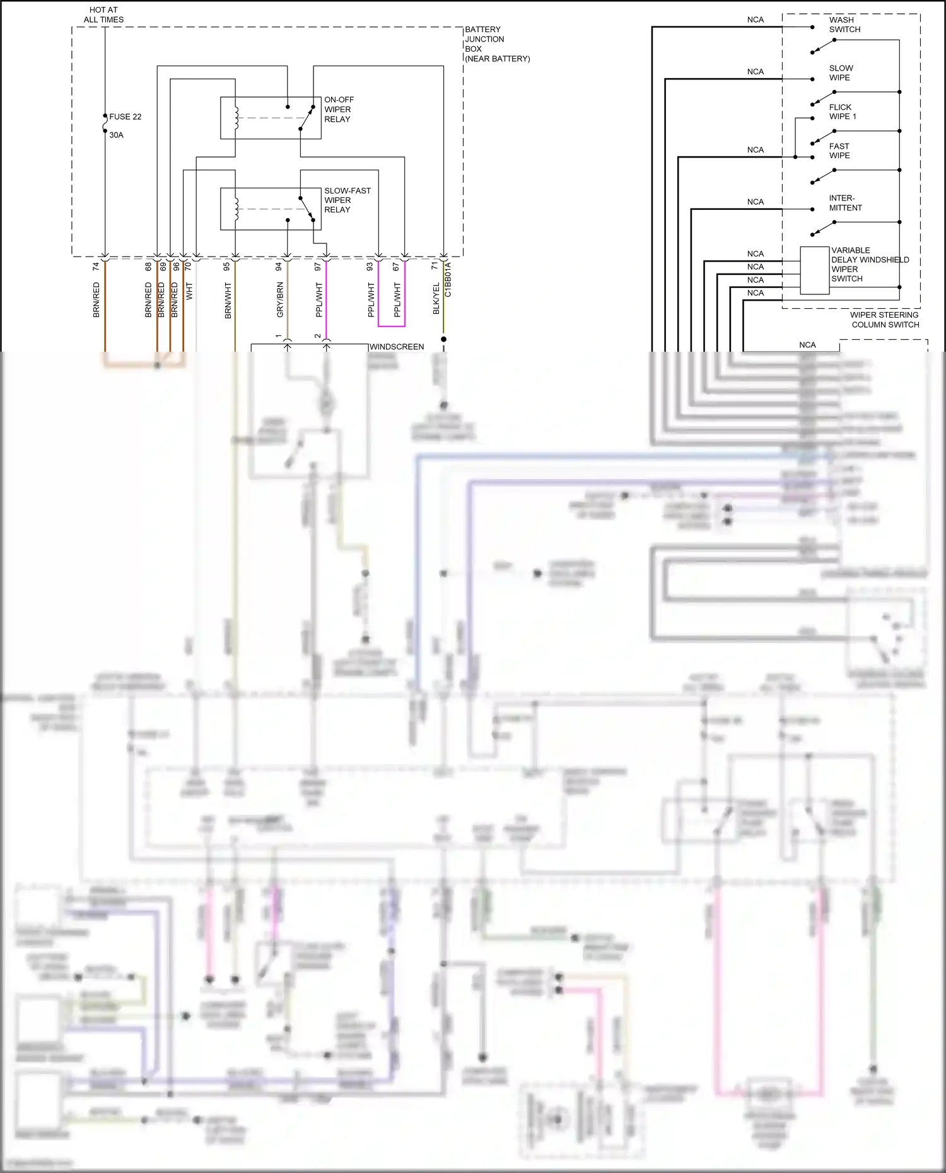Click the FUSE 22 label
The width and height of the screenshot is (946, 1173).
[x=125, y=117]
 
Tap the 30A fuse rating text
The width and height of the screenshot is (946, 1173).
[x=117, y=135]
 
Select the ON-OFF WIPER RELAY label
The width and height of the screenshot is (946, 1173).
[x=339, y=110]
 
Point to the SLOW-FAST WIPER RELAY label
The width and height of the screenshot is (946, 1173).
[x=347, y=200]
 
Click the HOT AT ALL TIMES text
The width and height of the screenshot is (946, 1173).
[x=103, y=14]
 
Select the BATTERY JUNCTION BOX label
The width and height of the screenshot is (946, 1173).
[x=496, y=43]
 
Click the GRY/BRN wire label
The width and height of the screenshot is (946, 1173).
[x=280, y=299]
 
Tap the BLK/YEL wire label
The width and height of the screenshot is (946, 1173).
[x=436, y=298]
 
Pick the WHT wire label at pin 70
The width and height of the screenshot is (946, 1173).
[x=189, y=291]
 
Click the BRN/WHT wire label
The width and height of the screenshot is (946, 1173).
[x=228, y=300]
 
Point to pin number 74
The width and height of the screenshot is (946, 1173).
[x=96, y=267]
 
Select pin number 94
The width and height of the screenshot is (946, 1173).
[x=279, y=267]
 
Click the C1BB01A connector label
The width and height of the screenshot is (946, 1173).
[x=448, y=280]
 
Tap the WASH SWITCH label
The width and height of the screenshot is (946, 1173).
[x=844, y=25]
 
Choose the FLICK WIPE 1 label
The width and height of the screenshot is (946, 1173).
[x=842, y=112]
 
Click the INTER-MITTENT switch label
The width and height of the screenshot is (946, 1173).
[x=844, y=203]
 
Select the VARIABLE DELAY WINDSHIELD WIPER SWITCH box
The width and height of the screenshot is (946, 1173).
[x=814, y=270]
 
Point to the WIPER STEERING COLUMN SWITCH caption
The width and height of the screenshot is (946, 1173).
[x=884, y=320]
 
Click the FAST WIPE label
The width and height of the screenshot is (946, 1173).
[x=839, y=151]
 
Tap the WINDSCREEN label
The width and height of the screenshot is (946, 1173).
[x=396, y=347]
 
